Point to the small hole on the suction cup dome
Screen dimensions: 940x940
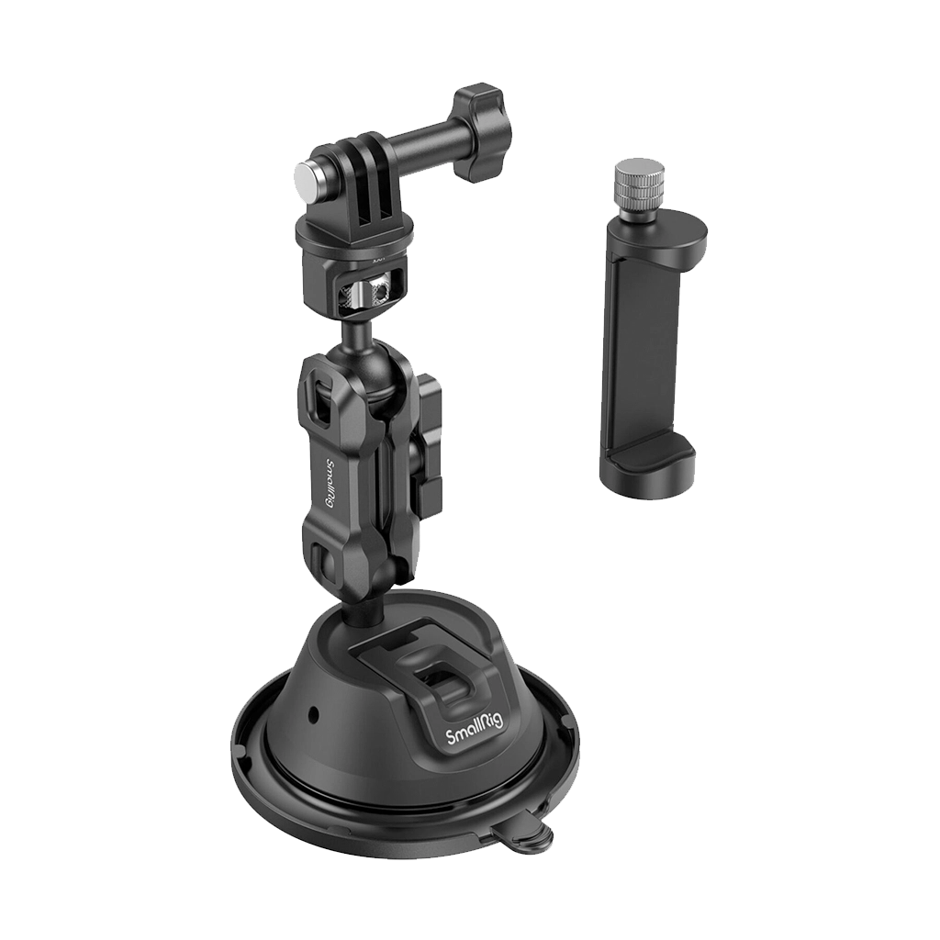pos(313,713)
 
